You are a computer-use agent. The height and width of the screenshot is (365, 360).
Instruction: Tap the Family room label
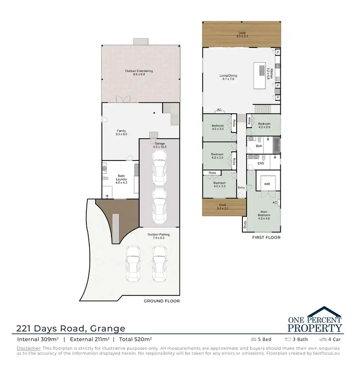pyautogui.click(x=121, y=133)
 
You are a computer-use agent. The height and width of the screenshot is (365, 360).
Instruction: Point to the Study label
pyautogui.click(x=245, y=223)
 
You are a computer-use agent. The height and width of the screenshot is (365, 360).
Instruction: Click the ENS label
pyautogui.click(x=261, y=163)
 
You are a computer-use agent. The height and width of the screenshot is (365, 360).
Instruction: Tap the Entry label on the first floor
pyautogui.click(x=241, y=188)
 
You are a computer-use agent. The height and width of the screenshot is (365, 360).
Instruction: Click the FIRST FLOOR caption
pyautogui.click(x=266, y=238)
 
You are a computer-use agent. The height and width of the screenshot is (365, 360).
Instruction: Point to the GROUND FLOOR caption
pyautogui.click(x=162, y=301)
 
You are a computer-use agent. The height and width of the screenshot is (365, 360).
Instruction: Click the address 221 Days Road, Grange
pyautogui.click(x=71, y=328)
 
